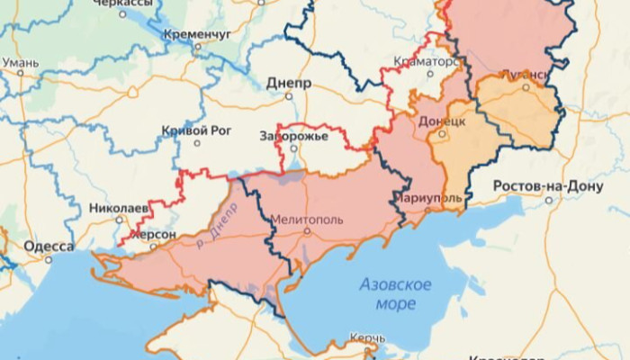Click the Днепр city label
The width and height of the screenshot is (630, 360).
coord(289,83)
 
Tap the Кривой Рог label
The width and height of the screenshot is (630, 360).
coord(195,130)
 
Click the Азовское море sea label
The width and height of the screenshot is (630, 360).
coord(395,294)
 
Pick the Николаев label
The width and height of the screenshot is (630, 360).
coord(119,208)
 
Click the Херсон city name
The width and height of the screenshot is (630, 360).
coord(153,234)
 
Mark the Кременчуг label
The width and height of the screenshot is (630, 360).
coord(198,34)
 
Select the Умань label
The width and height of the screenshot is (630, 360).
coord(20,63)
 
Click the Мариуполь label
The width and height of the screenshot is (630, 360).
coord(428,198)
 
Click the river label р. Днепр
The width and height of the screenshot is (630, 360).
coord(219,235)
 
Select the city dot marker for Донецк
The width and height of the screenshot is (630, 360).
coord(442,135)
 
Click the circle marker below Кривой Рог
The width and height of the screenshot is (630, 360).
coord(196,144)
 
